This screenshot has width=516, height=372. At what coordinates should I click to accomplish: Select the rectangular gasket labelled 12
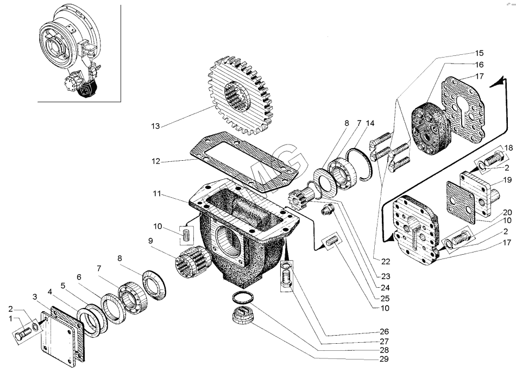[244, 155]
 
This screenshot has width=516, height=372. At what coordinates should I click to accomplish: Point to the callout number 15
[479, 54]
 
